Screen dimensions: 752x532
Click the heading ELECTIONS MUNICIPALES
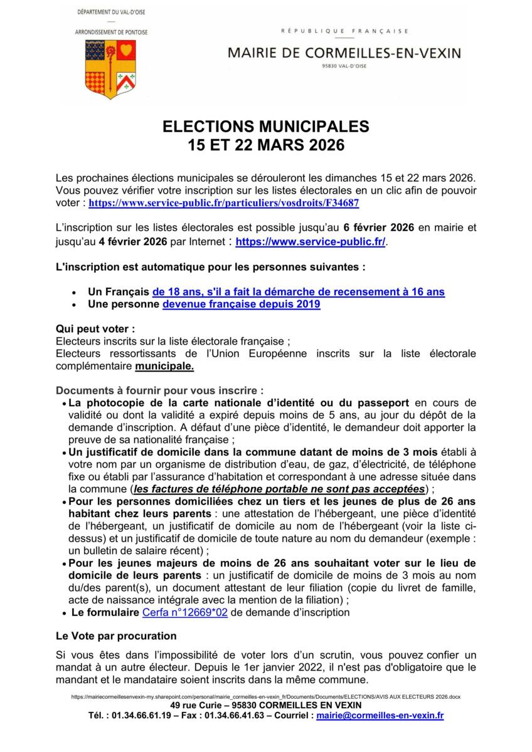pyautogui.click(x=266, y=127)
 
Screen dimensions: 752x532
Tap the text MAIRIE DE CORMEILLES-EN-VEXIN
pyautogui.click(x=344, y=54)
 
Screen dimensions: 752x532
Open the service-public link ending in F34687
pyautogui.click(x=224, y=204)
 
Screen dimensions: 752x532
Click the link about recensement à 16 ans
pyautogui.click(x=299, y=291)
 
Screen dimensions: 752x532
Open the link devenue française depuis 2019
pyautogui.click(x=242, y=305)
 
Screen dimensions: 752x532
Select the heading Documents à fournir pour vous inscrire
pyautogui.click(x=160, y=389)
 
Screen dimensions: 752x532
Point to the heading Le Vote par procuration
pyautogui.click(x=116, y=636)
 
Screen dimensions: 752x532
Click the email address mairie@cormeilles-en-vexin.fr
pyautogui.click(x=380, y=715)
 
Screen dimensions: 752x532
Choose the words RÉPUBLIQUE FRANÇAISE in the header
pyautogui.click(x=344, y=30)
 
